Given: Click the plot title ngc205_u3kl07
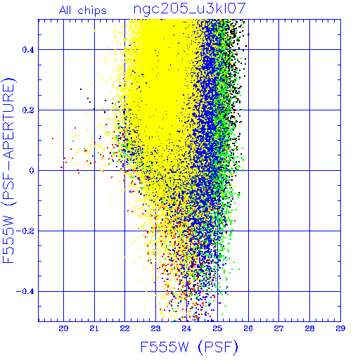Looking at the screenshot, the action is tap(189, 9).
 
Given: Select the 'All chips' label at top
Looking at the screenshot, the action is tap(83, 11).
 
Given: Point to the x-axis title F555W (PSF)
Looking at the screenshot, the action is tap(189, 347).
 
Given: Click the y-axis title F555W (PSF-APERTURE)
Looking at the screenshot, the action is tap(9, 170).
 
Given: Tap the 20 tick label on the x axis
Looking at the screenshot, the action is tap(63, 328).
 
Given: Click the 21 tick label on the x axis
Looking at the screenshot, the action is tap(94, 328).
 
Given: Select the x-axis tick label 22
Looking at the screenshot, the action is tap(124, 328).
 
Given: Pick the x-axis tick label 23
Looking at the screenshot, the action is tap(155, 328).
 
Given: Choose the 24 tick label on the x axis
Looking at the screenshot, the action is tap(186, 328).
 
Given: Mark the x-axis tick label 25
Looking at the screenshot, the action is tap(217, 328).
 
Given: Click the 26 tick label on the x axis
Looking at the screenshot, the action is tap(248, 328).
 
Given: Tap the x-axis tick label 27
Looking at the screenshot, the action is tap(278, 328).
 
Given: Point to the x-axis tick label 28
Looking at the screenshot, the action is tap(309, 328).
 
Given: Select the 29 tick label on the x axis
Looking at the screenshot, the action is tap(340, 328).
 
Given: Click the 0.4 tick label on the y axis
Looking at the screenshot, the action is tap(28, 50).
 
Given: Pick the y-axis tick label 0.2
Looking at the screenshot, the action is tap(28, 110).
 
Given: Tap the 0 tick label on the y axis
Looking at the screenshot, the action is tap(32, 171).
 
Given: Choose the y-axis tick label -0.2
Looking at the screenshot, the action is tap(25, 231).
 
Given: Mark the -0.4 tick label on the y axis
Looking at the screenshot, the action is tap(25, 292).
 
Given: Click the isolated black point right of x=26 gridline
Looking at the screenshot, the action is tap(248, 34).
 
